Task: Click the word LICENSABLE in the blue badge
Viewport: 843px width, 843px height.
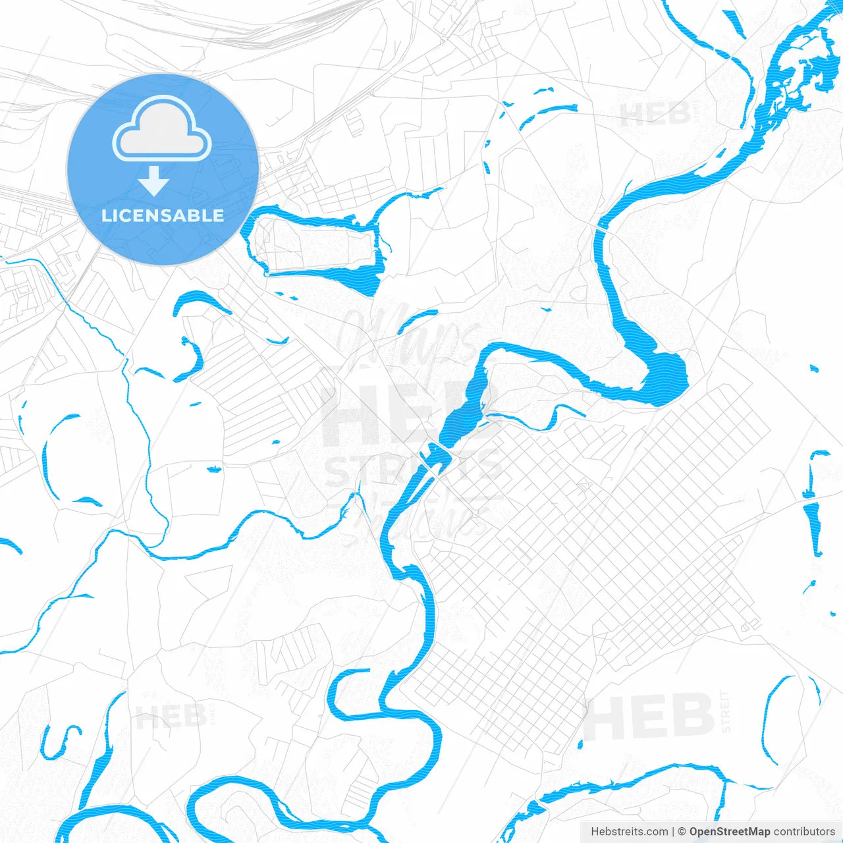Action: pos(163,215)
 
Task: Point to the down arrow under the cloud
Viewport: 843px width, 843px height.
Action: pos(154,181)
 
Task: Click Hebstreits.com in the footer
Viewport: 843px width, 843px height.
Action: pos(629,832)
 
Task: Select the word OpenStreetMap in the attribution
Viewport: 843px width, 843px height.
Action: pos(730,832)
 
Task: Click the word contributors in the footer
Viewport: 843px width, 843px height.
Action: pos(804,832)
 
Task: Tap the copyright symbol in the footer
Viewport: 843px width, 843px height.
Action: pos(682,832)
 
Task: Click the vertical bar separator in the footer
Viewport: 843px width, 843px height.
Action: pos(673,832)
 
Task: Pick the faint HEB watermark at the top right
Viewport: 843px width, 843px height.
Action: pos(655,115)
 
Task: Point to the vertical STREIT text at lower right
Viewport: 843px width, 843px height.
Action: pos(725,711)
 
